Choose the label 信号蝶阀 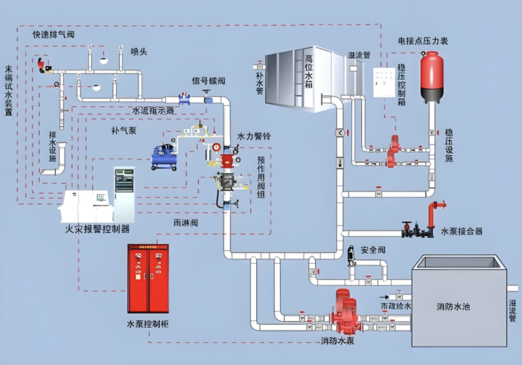pos(209,82)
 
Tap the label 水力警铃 pos(254,136)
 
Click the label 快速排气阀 pos(53,35)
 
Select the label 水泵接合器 pos(462,231)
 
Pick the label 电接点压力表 pos(422,41)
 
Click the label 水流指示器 pos(153,111)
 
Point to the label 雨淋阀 pos(186,222)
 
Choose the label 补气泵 pos(124,131)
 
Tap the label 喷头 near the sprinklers pos(139,52)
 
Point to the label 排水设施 pos(53,145)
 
